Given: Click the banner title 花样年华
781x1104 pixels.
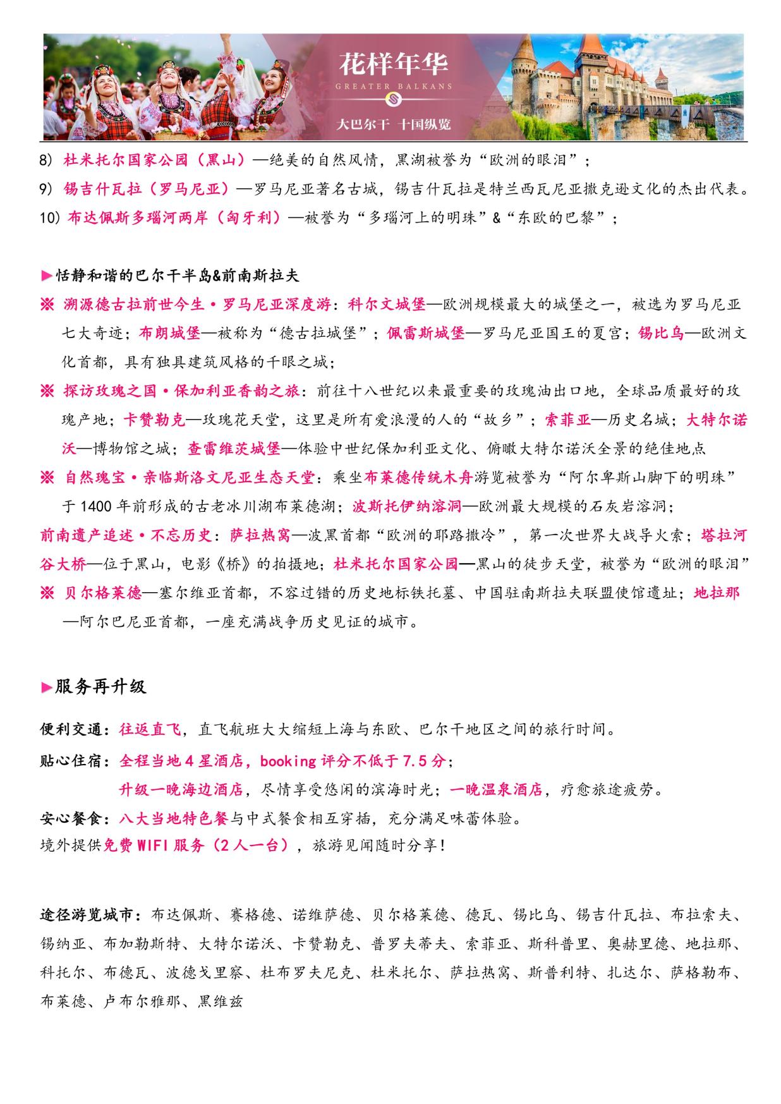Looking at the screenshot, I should pyautogui.click(x=394, y=64).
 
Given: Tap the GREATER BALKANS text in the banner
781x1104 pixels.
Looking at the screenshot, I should pyautogui.click(x=394, y=86).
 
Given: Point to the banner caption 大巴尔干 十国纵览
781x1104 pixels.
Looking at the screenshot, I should pyautogui.click(x=394, y=124).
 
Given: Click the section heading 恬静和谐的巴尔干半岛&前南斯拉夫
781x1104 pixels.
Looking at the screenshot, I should pyautogui.click(x=177, y=276).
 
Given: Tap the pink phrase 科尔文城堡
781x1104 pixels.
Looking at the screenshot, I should pyautogui.click(x=387, y=305).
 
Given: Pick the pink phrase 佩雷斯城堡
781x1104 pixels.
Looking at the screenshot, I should pyautogui.click(x=426, y=334).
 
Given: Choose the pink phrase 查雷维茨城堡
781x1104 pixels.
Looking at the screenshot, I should pyautogui.click(x=234, y=449).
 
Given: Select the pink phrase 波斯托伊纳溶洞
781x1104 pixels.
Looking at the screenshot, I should pyautogui.click(x=407, y=507).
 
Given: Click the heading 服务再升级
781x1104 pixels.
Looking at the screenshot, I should pyautogui.click(x=100, y=687).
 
